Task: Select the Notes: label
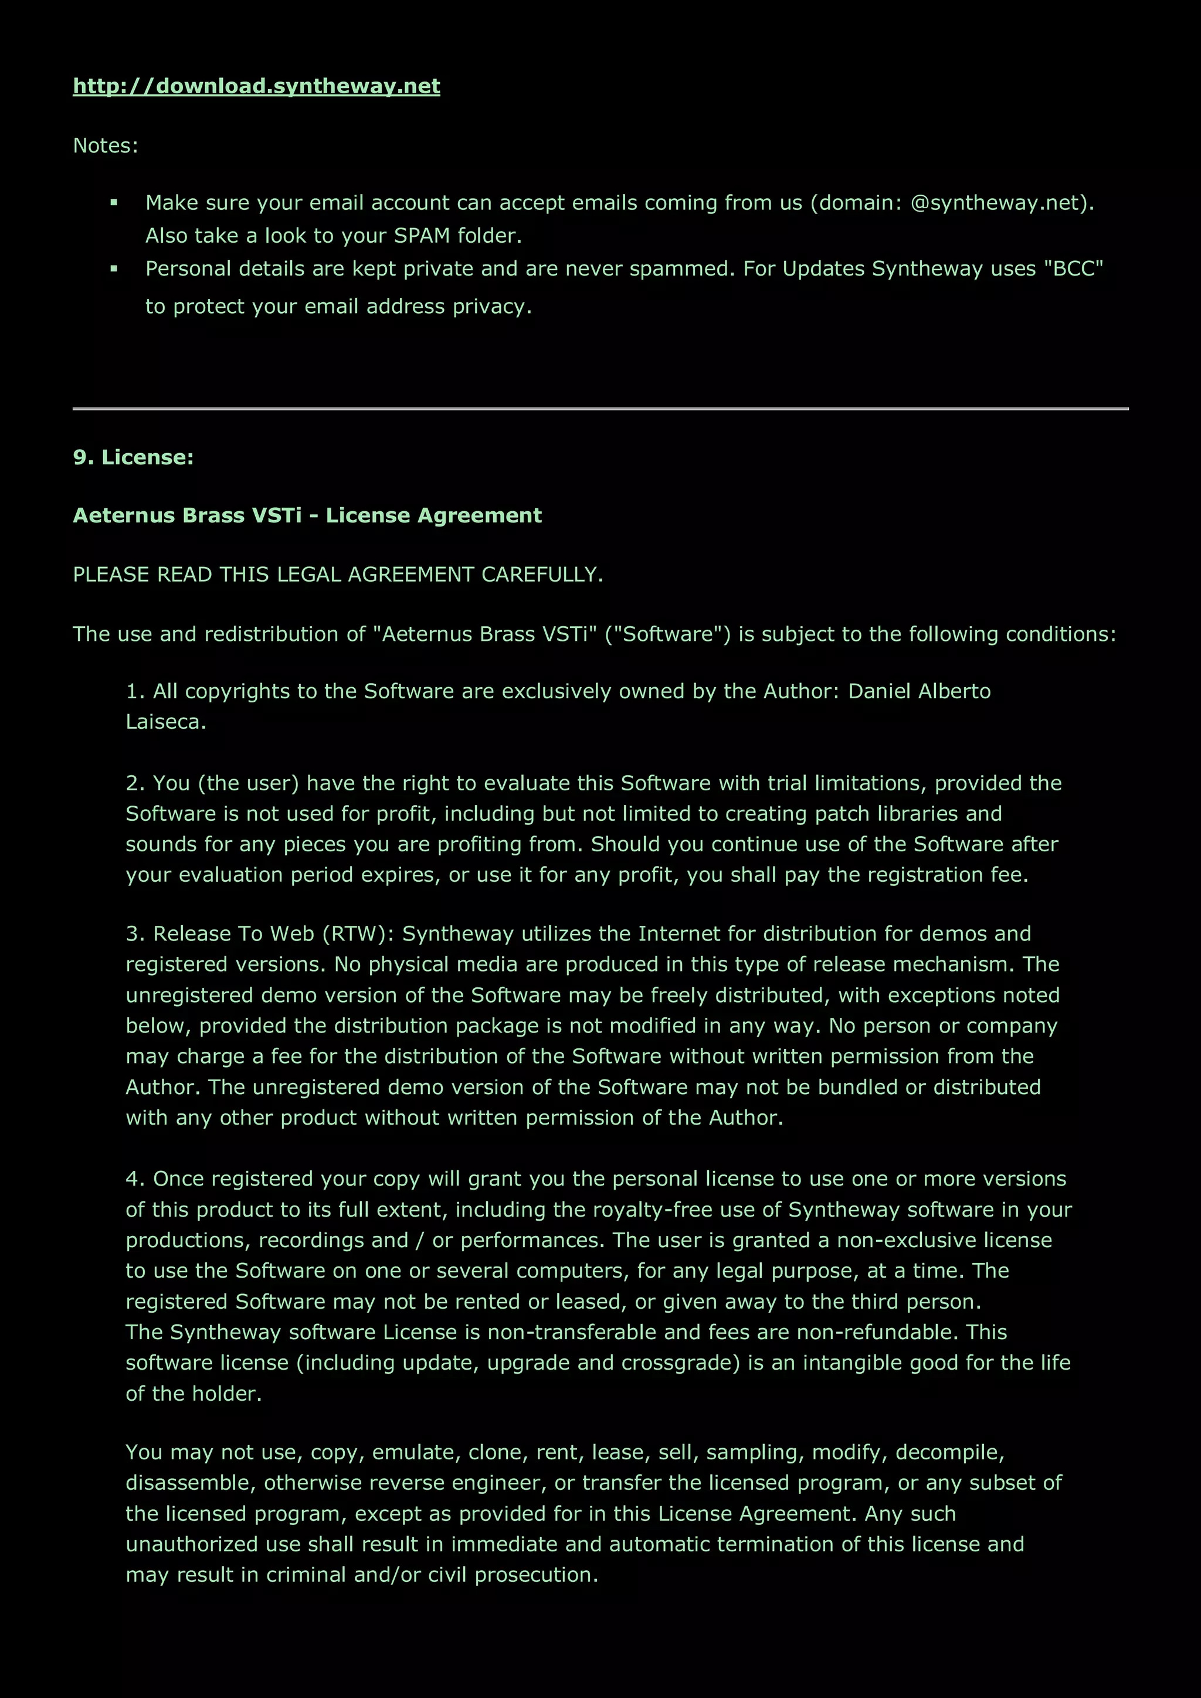pyautogui.click(x=105, y=145)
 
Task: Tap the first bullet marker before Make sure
pyautogui.click(x=114, y=203)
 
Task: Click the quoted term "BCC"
pyautogui.click(x=1073, y=269)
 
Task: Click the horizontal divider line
pyautogui.click(x=600, y=408)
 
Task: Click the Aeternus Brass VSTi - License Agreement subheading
pyautogui.click(x=307, y=515)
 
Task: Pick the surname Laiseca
pyautogui.click(x=165, y=722)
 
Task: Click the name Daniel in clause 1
pyautogui.click(x=878, y=691)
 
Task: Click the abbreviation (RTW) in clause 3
pyautogui.click(x=358, y=934)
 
